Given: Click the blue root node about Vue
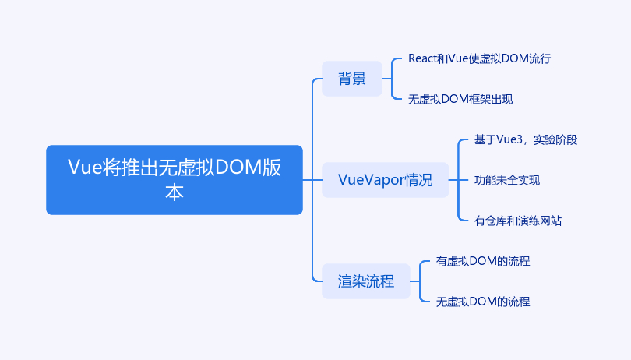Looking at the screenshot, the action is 174,179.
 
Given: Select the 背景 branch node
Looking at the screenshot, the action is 351,79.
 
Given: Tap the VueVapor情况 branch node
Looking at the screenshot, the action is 385,180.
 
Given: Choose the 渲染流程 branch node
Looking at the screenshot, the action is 366,281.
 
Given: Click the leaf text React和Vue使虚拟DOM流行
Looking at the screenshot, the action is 479,58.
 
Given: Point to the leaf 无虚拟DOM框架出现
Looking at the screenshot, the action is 460,99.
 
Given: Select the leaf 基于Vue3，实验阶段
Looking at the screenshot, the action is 526,139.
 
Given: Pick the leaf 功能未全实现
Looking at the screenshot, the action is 507,180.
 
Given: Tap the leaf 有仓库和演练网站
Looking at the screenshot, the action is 517,221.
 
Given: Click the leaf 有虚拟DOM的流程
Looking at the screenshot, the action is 483,261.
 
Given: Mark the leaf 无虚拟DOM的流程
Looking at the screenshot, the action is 483,302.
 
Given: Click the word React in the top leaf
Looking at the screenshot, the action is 422,58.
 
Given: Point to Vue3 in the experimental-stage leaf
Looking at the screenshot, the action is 509,139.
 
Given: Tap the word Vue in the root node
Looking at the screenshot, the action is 84,167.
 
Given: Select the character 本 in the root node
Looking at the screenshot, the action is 174,192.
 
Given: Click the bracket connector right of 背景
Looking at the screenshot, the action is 392,79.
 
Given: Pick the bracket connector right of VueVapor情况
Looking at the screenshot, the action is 458,180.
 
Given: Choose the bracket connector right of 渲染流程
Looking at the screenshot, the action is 420,281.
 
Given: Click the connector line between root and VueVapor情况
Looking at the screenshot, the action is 312,180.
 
